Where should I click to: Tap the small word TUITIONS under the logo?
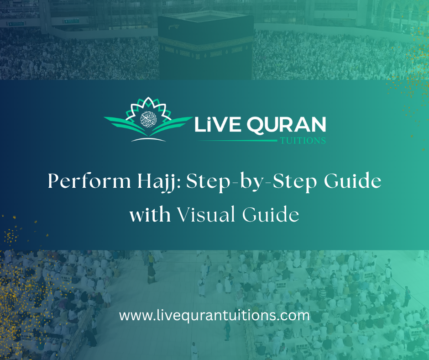pyautogui.click(x=302, y=141)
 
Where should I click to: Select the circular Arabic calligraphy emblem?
pyautogui.click(x=148, y=119)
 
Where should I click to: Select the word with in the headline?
pyautogui.click(x=150, y=214)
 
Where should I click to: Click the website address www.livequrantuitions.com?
pyautogui.click(x=214, y=315)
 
